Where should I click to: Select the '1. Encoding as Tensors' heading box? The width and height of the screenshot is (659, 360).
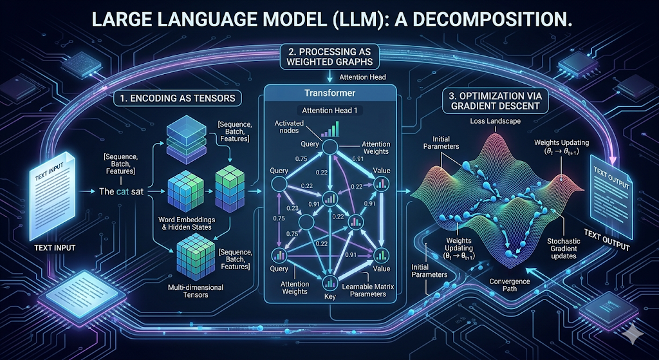tap(174, 99)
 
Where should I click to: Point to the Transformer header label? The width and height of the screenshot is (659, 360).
tap(330, 93)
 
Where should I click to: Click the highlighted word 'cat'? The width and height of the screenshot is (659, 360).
tap(120, 191)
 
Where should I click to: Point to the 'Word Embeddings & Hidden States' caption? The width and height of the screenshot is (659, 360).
tap(188, 224)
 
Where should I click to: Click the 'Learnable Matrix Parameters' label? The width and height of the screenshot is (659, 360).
tap(364, 290)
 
